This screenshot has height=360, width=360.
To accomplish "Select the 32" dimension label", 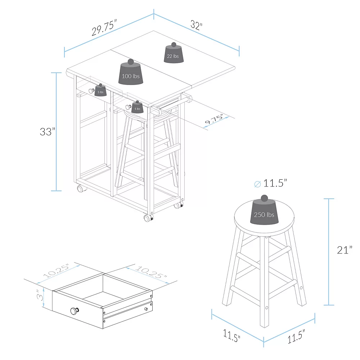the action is coord(197,25).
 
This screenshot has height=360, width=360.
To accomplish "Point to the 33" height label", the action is coord(48,131).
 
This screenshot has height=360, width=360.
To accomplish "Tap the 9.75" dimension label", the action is coord(214,119).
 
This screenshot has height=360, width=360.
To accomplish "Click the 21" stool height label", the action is coord(345,250).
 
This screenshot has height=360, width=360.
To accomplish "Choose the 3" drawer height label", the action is coord(40,295).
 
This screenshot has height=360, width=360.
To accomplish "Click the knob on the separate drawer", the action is coord(75,311).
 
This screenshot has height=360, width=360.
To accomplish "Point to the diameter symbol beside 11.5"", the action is coord(258,184).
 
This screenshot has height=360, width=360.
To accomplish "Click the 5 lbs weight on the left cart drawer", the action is coord(100,90).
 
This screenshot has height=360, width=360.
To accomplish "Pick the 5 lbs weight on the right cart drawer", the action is coord(137,107).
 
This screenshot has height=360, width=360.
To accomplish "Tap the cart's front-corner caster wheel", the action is coord(148,218).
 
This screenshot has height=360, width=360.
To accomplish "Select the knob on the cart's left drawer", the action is coord(91,91).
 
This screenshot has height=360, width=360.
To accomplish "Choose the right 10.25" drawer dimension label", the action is coord(151,272).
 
